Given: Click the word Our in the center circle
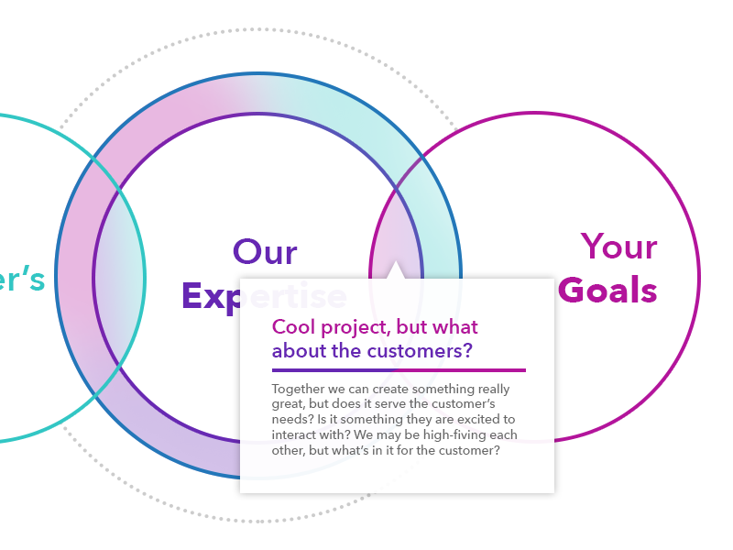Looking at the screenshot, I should [265, 252].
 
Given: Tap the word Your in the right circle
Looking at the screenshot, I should [619, 247].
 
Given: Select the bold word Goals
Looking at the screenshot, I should [607, 290].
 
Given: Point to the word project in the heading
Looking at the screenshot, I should [354, 327].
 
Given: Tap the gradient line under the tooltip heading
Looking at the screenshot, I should [399, 370].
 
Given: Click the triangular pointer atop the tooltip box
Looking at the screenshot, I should [396, 270].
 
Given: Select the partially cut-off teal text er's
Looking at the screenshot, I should [20, 279].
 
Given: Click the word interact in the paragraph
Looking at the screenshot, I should [294, 434].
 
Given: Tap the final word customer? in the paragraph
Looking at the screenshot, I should [470, 450].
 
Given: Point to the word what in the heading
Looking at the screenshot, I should [455, 327].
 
